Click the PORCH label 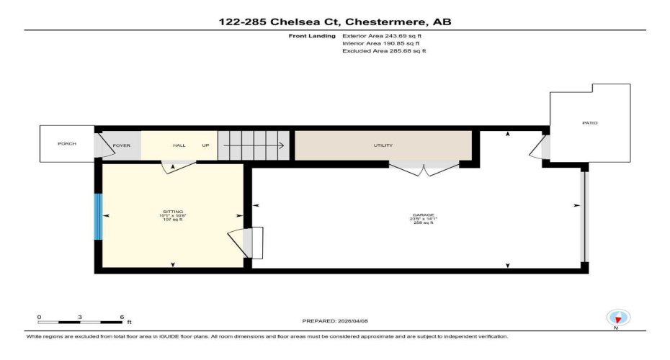(x=67, y=144)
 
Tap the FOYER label (x=121, y=145)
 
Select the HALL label (x=179, y=145)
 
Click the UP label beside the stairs (x=205, y=145)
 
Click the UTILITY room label (x=383, y=145)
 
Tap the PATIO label (x=590, y=123)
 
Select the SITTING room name (x=172, y=212)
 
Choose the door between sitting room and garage (x=247, y=241)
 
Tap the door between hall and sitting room (x=177, y=166)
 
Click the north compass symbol (x=617, y=317)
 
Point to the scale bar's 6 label (x=122, y=317)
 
